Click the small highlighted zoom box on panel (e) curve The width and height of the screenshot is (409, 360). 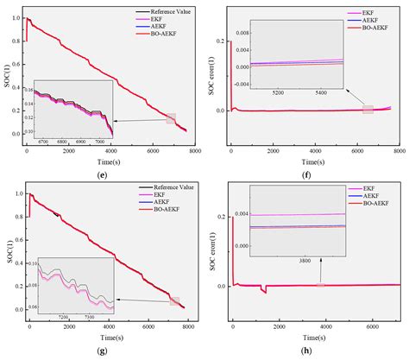tap(171, 118)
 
